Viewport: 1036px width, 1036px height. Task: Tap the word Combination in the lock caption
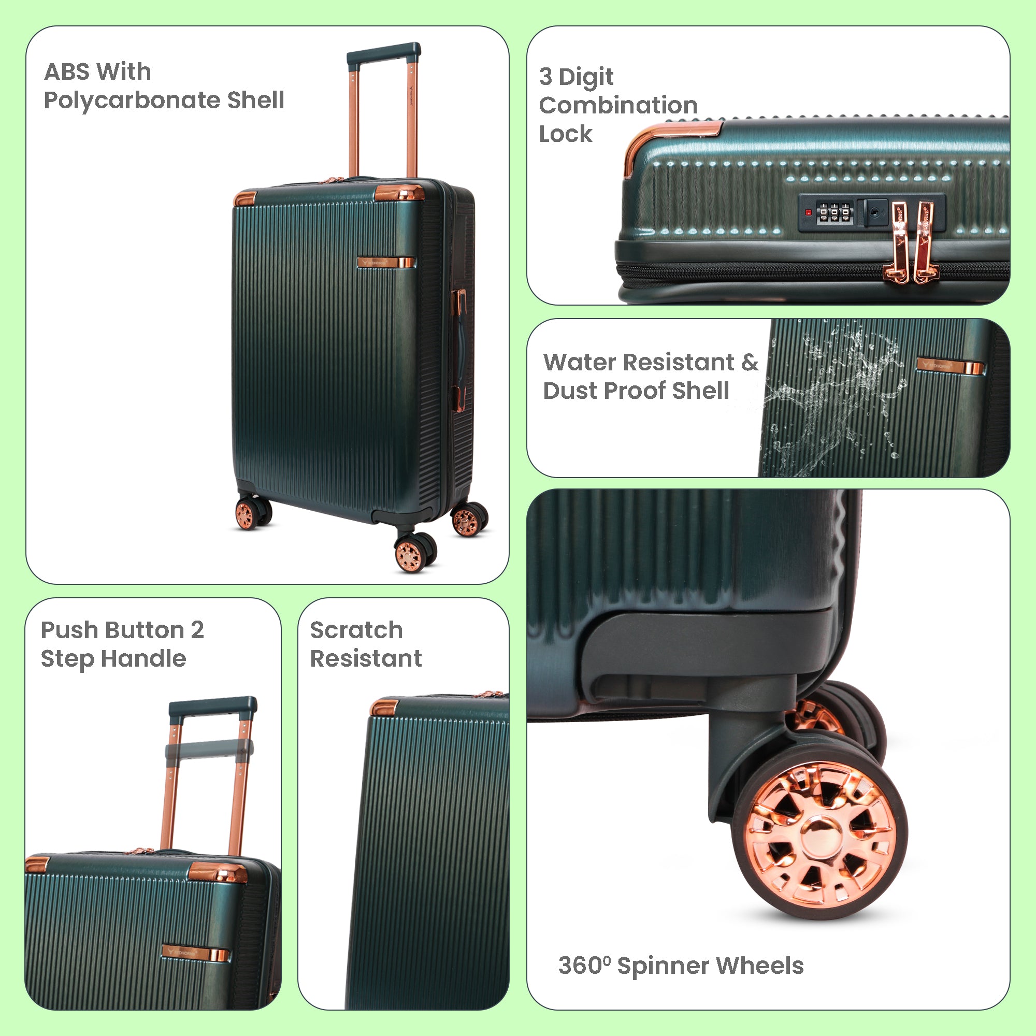618,105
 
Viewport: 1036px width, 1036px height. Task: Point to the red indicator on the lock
808,213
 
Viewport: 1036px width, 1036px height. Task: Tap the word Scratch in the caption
356,630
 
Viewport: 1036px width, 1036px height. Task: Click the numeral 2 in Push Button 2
197,630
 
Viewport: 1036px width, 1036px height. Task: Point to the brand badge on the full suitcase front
385,263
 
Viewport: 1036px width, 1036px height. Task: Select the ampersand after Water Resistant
750,363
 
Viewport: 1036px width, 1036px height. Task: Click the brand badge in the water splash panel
950,366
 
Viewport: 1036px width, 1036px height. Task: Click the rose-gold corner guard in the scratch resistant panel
384,706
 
